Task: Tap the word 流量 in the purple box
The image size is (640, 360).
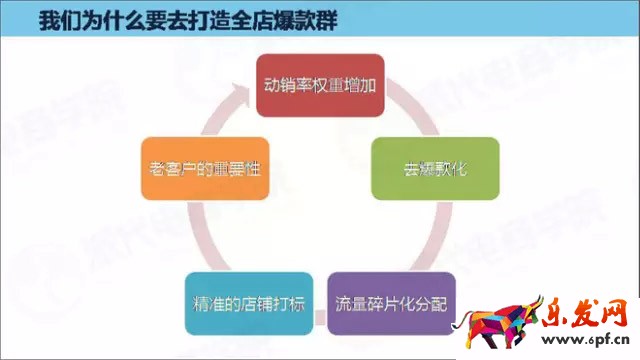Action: click(351, 302)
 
